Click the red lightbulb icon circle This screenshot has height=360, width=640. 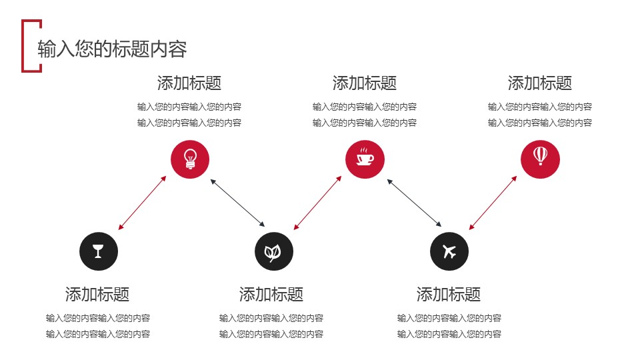coord(190,159)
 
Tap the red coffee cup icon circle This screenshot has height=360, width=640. coord(365,159)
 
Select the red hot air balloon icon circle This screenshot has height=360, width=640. coord(540,159)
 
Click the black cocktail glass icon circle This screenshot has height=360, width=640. coord(99,251)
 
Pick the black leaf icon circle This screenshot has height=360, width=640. coord(273,251)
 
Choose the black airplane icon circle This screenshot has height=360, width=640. coord(449,251)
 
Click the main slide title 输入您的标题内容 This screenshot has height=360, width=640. coord(112,49)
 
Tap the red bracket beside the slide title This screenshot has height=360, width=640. coord(25,45)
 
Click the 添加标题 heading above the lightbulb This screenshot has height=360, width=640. coord(189,83)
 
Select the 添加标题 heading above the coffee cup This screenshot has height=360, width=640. coord(365,83)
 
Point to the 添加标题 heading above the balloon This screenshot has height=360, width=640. coord(540,83)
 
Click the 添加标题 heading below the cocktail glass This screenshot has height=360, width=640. coord(97,294)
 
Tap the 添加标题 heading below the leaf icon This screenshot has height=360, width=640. coord(271,294)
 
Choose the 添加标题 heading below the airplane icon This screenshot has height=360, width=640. coord(449,294)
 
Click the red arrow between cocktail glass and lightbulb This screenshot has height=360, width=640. coord(142,203)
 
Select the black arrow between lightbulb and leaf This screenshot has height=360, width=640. coord(238,203)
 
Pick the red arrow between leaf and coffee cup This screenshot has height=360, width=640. coord(317,203)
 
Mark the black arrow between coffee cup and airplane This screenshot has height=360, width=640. coord(414,203)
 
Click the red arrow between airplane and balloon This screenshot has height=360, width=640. coord(493,203)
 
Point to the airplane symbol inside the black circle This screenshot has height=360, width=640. coord(449,252)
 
